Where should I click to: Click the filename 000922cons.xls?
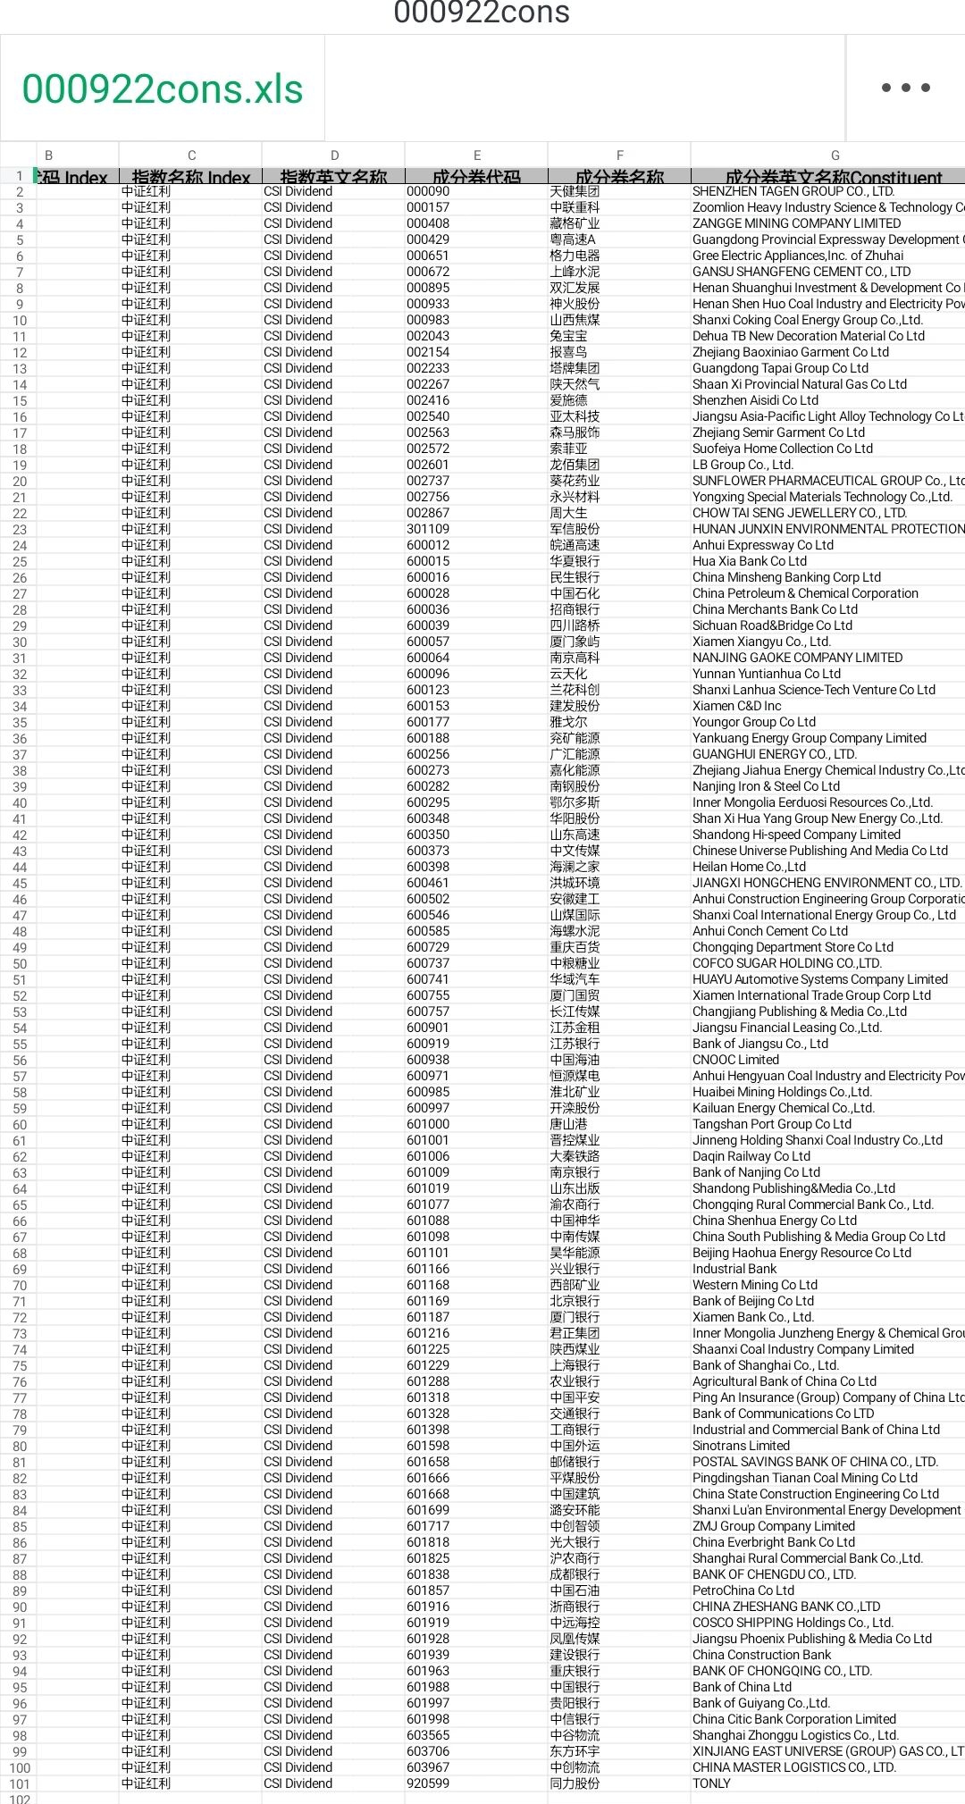(163, 89)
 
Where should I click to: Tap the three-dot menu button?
(905, 88)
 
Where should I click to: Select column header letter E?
(476, 155)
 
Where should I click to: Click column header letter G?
(835, 155)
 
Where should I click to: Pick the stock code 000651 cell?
(428, 256)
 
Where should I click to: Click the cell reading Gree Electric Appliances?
(797, 256)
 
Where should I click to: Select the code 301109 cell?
(428, 529)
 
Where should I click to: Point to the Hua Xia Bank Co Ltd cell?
(750, 561)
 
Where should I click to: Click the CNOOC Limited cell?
(735, 1060)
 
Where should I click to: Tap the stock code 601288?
(428, 1381)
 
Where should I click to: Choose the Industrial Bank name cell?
(734, 1269)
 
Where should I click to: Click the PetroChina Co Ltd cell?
(743, 1590)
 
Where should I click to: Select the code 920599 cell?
(428, 1783)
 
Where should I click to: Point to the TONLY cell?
(711, 1783)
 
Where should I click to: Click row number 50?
(20, 964)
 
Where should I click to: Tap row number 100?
(20, 1768)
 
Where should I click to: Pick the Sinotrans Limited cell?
(741, 1446)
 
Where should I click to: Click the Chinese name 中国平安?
(575, 1397)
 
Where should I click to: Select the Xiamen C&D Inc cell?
(736, 706)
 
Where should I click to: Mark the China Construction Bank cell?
(761, 1655)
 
